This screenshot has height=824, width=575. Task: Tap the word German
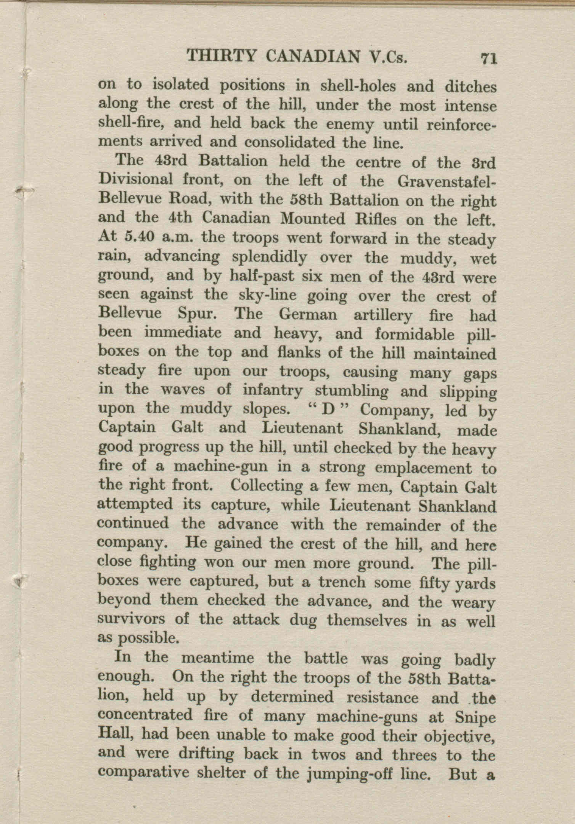(x=308, y=315)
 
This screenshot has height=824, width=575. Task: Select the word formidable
(x=415, y=334)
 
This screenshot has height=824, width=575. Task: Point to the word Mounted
(x=313, y=219)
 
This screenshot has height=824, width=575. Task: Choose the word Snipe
(x=475, y=718)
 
